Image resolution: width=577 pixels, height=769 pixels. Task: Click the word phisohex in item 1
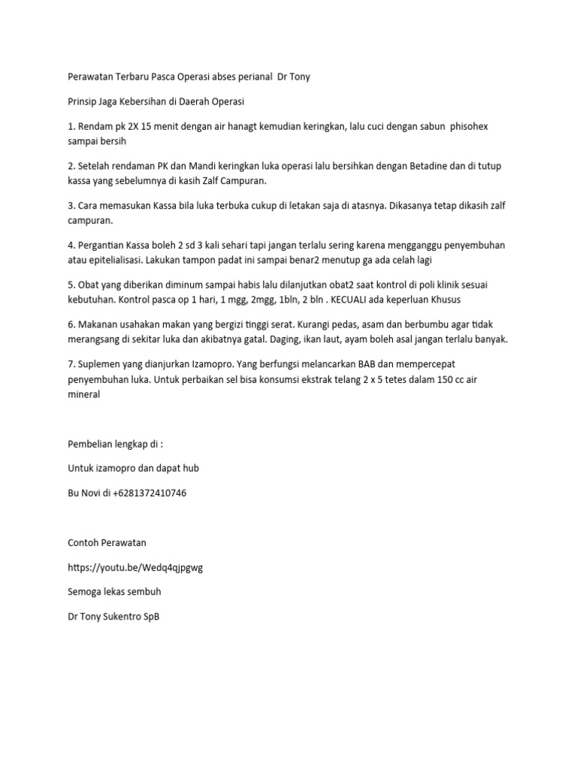click(x=468, y=126)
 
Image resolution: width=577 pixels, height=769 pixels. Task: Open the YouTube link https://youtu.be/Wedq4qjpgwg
click(x=135, y=567)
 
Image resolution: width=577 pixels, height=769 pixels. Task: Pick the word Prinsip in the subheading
click(x=83, y=101)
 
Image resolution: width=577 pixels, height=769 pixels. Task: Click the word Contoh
click(x=84, y=542)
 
